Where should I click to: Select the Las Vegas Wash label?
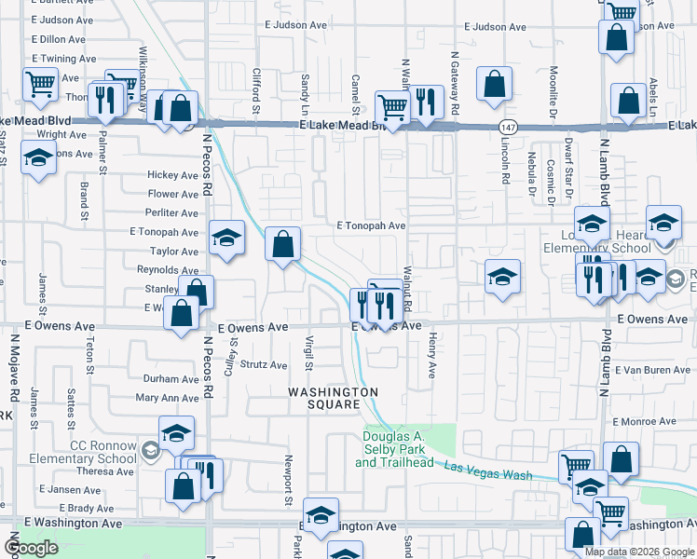[487, 470]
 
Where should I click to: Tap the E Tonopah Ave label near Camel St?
[371, 225]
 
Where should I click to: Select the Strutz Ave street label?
[265, 365]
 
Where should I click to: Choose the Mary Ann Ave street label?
[168, 398]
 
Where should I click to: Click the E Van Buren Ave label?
[656, 370]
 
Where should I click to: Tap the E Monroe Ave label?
[644, 421]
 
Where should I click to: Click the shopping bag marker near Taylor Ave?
[283, 245]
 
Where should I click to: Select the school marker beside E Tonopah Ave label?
[225, 239]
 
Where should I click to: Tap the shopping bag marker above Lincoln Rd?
[494, 83]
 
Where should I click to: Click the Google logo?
[32, 548]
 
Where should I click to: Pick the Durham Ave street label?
[171, 379]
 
